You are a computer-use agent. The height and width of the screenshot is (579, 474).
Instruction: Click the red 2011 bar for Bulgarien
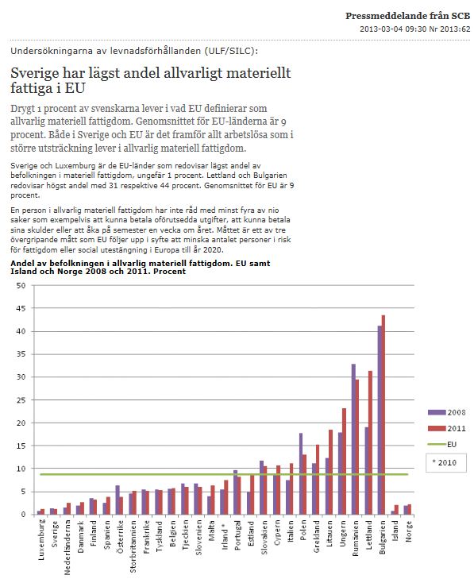tap(383, 415)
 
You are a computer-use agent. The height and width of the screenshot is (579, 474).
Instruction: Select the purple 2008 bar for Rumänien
tap(353, 439)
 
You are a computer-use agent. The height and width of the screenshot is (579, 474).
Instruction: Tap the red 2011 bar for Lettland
tap(370, 442)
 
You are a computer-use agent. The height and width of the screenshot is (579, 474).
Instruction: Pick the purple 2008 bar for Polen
tap(301, 473)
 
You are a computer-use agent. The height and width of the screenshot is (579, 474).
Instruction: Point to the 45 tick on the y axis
tap(21, 308)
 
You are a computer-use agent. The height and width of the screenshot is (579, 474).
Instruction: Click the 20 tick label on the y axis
tap(21, 423)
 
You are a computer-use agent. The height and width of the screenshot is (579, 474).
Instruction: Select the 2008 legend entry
tap(447, 412)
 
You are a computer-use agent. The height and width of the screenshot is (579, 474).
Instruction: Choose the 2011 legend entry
tap(447, 428)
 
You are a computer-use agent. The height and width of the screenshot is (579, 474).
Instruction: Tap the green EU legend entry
tap(442, 444)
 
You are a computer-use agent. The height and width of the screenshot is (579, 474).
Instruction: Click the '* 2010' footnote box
tap(446, 463)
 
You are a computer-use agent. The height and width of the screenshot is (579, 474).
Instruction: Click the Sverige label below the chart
tap(55, 534)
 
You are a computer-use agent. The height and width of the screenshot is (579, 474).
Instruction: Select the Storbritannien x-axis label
tap(133, 546)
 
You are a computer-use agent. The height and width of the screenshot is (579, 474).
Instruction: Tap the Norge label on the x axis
tap(408, 531)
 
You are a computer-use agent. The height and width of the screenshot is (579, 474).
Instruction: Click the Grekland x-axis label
tap(316, 537)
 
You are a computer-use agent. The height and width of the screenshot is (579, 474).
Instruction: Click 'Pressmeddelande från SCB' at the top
tap(408, 16)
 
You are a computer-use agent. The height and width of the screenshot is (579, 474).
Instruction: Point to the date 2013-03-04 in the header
tap(381, 29)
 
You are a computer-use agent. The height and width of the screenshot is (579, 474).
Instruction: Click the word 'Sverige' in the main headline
tap(34, 73)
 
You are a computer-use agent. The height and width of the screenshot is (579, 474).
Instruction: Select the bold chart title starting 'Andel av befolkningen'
tap(141, 268)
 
